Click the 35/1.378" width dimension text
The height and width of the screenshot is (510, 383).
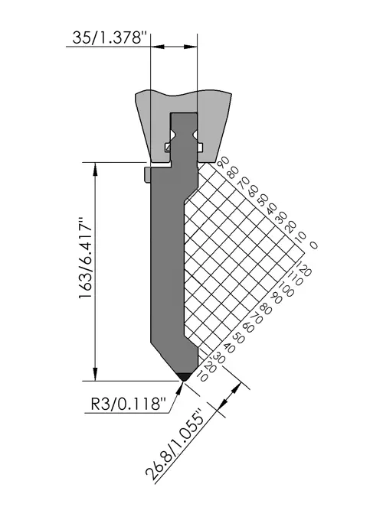(108, 37)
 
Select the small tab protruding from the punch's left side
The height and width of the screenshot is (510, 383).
(146, 174)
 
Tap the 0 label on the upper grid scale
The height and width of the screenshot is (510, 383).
(313, 245)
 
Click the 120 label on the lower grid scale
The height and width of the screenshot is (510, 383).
(304, 268)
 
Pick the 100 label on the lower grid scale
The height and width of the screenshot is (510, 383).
(286, 288)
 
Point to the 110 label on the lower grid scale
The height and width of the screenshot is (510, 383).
(296, 278)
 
